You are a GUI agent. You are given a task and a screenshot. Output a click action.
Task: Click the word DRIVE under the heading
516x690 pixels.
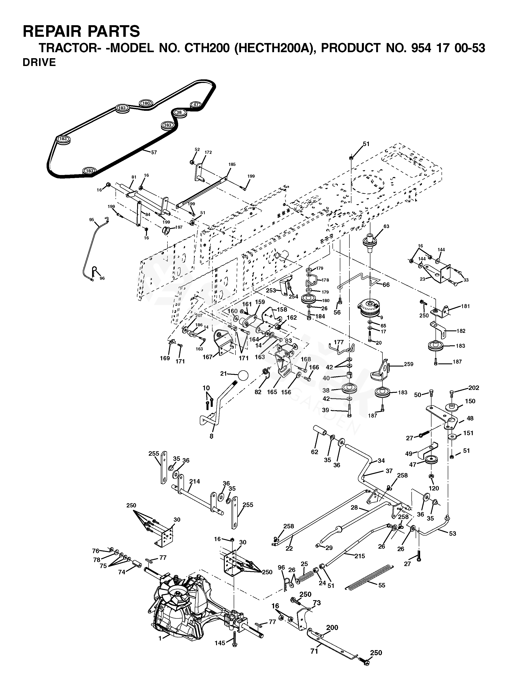click(x=39, y=62)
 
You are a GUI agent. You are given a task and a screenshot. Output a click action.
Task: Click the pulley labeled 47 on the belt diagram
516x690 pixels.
click(x=196, y=105)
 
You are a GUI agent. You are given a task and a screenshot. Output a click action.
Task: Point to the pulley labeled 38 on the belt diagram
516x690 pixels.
click(x=179, y=113)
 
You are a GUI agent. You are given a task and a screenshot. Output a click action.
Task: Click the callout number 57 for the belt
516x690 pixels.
click(x=154, y=152)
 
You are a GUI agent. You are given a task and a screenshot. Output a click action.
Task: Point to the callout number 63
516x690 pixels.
click(x=386, y=227)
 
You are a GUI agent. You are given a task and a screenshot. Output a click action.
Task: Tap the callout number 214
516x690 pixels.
click(x=194, y=481)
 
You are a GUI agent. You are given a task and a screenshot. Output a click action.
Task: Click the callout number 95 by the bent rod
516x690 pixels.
click(x=91, y=220)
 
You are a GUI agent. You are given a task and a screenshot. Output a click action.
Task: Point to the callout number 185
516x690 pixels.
click(x=232, y=164)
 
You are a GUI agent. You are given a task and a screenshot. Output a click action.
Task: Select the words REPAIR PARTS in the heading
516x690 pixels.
click(x=81, y=31)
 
